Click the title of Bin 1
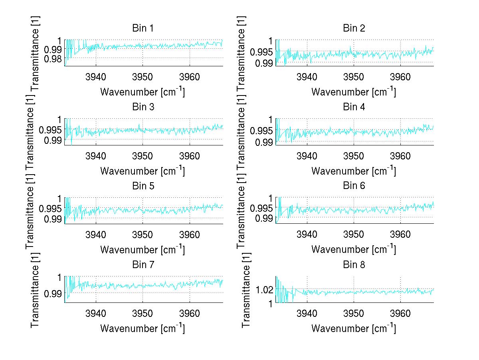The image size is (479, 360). pyautogui.click(x=143, y=28)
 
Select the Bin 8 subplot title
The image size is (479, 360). pyautogui.click(x=354, y=265)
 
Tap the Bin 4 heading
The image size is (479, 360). pyautogui.click(x=354, y=107)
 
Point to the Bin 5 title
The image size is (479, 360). pyautogui.click(x=143, y=186)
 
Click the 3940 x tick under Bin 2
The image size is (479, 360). pyautogui.click(x=307, y=77)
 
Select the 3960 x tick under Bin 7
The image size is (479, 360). pyautogui.click(x=190, y=313)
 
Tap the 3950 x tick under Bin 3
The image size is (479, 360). pyautogui.click(x=143, y=155)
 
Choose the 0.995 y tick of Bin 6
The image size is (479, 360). pyautogui.click(x=261, y=208)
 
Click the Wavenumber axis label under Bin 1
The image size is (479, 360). pyautogui.click(x=142, y=92)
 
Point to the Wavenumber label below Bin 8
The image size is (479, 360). pyautogui.click(x=353, y=328)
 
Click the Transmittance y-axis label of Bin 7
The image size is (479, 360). pyautogui.click(x=35, y=290)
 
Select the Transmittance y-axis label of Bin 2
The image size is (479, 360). pyautogui.click(x=246, y=53)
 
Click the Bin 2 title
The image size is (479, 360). pyautogui.click(x=354, y=28)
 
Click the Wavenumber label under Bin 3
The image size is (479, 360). pyautogui.click(x=142, y=171)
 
